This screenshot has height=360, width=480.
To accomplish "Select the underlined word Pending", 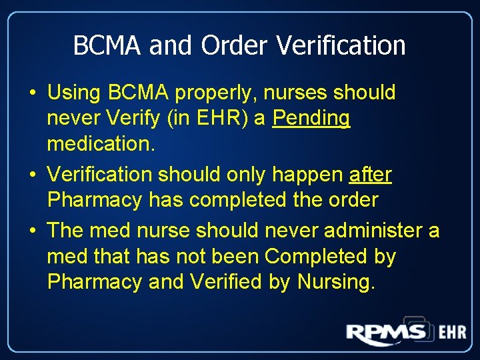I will [x=311, y=119].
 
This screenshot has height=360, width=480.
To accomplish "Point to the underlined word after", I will [x=371, y=175].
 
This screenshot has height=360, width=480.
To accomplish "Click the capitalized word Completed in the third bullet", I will [x=331, y=257].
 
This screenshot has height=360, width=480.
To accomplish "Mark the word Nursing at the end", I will [x=336, y=282].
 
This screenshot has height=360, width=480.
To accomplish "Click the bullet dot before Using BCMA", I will [x=33, y=93].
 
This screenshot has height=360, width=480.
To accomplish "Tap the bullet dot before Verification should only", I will [x=33, y=175].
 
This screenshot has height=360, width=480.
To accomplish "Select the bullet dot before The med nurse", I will [x=33, y=231].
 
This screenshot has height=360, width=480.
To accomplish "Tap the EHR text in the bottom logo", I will [x=452, y=332].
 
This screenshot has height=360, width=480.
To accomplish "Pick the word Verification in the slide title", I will [x=341, y=45].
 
